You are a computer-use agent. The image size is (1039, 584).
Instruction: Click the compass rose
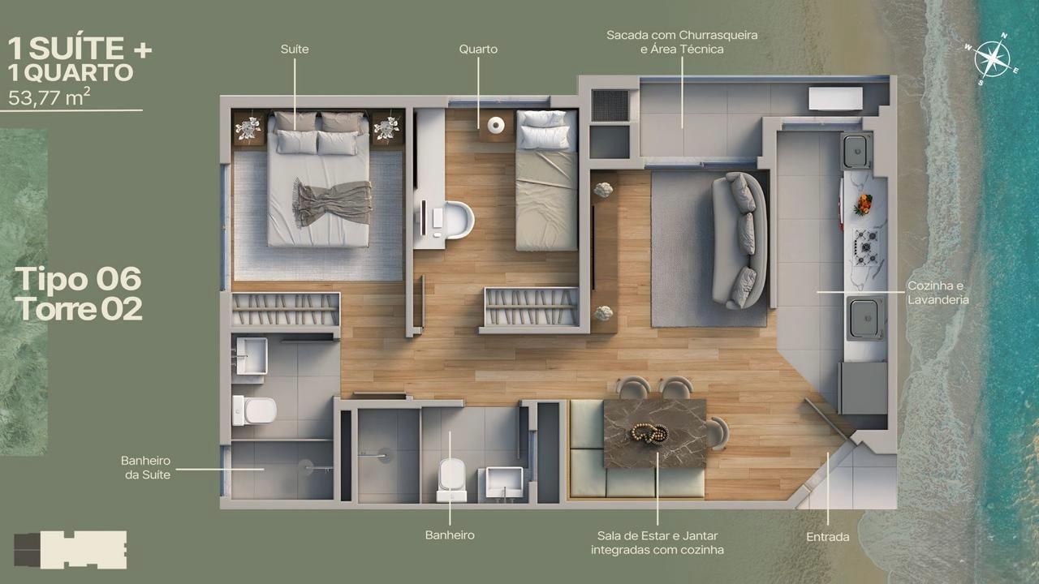pyautogui.click(x=992, y=59)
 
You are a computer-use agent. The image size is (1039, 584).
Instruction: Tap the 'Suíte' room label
pyautogui.click(x=295, y=49)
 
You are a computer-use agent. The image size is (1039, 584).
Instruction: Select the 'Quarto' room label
pyautogui.click(x=478, y=49)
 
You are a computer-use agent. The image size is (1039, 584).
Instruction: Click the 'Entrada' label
pyautogui.click(x=828, y=537)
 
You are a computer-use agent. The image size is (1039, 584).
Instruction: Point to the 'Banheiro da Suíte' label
pyautogui.click(x=146, y=468)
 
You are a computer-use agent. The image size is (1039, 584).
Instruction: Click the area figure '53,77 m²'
pyautogui.click(x=49, y=97)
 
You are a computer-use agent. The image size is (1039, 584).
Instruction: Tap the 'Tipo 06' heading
pyautogui.click(x=79, y=279)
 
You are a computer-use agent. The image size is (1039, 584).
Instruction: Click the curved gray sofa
pyautogui.click(x=739, y=241)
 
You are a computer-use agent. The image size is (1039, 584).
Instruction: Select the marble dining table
pyautogui.click(x=655, y=433)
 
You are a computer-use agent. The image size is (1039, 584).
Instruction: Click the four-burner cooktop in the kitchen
pyautogui.click(x=866, y=247)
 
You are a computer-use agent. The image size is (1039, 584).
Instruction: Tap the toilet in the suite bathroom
pyautogui.click(x=254, y=410)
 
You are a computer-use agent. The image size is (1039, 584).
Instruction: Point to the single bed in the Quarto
pyautogui.click(x=547, y=180)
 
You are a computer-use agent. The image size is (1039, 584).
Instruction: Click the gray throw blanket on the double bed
pyautogui.click(x=332, y=203)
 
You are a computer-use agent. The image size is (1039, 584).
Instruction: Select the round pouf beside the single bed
pyautogui.click(x=496, y=125)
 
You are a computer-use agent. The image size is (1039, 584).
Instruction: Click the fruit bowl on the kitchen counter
pyautogui.click(x=863, y=204)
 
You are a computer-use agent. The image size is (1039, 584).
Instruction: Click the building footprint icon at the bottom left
pyautogui.click(x=70, y=550)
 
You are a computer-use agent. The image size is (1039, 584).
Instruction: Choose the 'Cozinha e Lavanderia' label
pyautogui.click(x=938, y=293)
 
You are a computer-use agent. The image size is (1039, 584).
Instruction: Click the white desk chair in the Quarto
pyautogui.click(x=459, y=220)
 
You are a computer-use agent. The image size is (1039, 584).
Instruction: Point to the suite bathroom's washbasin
pyautogui.click(x=252, y=355)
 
